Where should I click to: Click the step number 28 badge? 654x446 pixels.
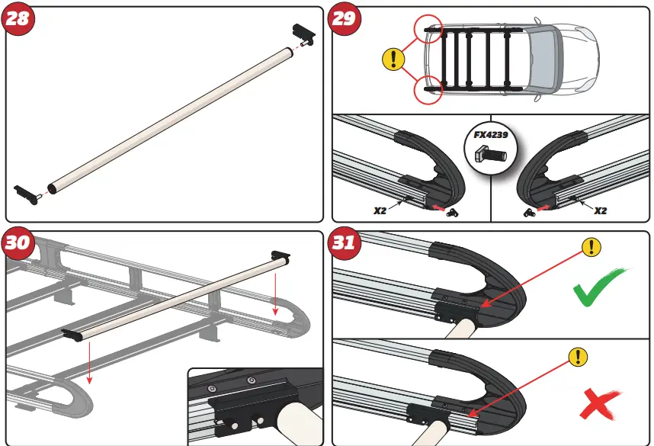pyautogui.click(x=18, y=18)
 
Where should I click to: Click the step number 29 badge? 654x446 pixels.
pyautogui.click(x=344, y=18)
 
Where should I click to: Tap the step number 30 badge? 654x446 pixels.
pyautogui.click(x=18, y=242)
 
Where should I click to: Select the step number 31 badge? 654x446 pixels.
pyautogui.click(x=344, y=242)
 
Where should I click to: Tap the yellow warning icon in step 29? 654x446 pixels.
pyautogui.click(x=393, y=58)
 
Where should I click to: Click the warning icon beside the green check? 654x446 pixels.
pyautogui.click(x=591, y=246)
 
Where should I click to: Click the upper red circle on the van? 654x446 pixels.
pyautogui.click(x=428, y=29)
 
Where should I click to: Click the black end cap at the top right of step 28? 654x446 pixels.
pyautogui.click(x=302, y=33)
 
